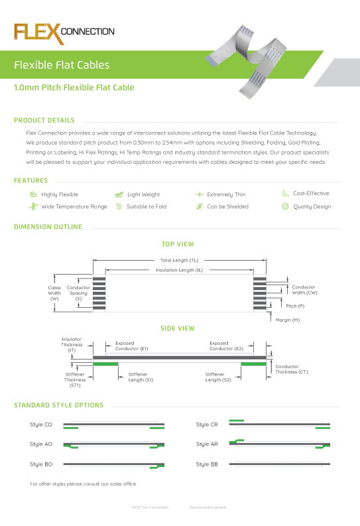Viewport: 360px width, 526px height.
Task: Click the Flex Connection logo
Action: (x=64, y=32)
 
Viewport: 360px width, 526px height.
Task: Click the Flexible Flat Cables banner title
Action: (x=62, y=65)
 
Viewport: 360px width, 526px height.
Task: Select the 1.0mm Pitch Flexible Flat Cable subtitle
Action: (x=74, y=88)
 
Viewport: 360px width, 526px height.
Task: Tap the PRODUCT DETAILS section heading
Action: (x=44, y=121)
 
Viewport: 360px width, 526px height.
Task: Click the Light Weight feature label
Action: (x=143, y=194)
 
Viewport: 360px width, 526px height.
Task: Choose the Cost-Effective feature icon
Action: (x=285, y=194)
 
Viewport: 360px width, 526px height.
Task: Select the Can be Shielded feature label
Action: (x=227, y=206)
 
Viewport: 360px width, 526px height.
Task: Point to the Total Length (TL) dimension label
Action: (x=179, y=261)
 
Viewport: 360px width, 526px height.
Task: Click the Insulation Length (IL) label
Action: (x=179, y=271)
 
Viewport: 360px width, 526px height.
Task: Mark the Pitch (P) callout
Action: (x=295, y=306)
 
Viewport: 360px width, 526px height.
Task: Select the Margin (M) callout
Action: (x=287, y=320)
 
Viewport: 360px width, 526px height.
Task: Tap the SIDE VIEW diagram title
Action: (x=177, y=328)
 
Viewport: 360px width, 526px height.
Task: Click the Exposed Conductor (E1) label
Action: (x=131, y=346)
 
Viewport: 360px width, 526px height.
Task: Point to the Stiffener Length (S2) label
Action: (x=217, y=377)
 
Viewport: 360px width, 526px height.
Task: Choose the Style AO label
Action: (x=41, y=444)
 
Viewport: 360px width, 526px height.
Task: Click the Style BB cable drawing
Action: (x=279, y=465)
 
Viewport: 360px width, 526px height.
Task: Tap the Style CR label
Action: (x=207, y=425)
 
